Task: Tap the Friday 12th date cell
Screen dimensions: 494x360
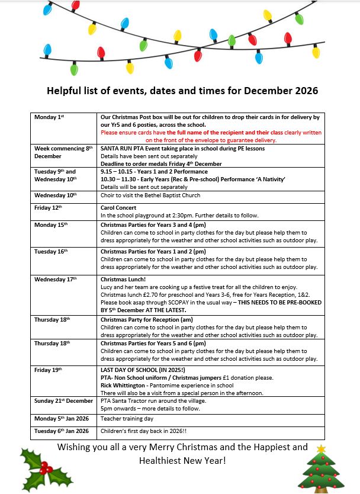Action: (50, 208)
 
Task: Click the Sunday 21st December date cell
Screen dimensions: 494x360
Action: (64, 401)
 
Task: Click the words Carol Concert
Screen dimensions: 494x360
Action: (118, 208)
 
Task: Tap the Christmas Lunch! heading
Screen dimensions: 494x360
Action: (123, 279)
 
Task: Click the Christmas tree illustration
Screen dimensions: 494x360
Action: (323, 471)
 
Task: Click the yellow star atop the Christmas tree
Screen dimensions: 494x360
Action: (322, 449)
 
